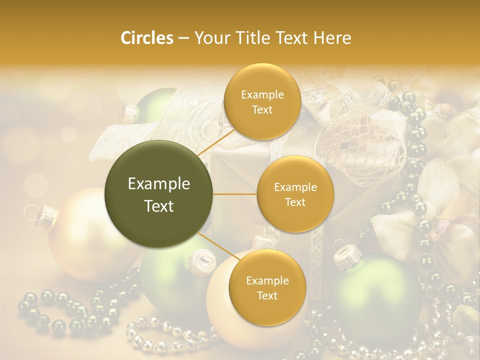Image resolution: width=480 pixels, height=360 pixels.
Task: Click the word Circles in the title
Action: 146,38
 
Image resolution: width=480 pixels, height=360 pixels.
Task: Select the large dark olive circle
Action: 159,194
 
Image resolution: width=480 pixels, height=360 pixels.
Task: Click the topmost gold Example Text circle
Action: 262,101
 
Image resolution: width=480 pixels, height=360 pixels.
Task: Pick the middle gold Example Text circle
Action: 295,194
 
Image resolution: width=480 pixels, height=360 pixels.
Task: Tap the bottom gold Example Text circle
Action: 267,287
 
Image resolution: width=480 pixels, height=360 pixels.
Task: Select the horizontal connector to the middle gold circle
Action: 235,194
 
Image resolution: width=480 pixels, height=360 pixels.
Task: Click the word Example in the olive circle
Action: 159,184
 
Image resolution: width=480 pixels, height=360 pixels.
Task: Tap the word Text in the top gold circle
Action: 262,109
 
